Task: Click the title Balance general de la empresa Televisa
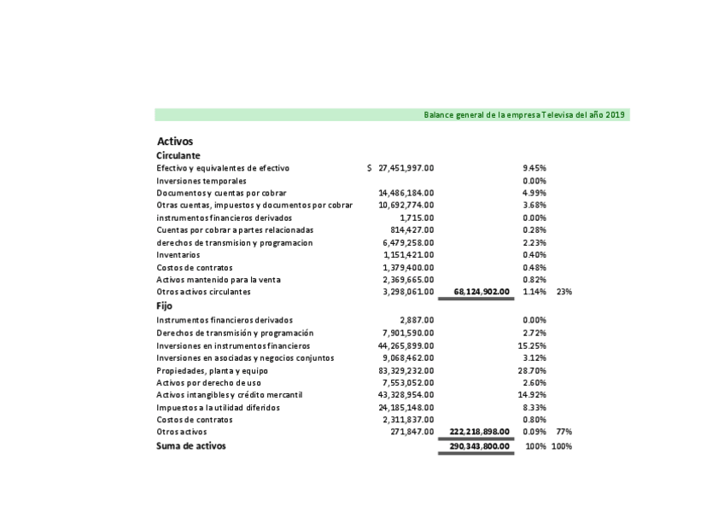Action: click(524, 115)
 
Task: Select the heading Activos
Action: click(175, 141)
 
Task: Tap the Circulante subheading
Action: click(178, 156)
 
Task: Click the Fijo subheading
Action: click(164, 305)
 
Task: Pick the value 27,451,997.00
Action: click(406, 169)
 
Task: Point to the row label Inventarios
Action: click(178, 255)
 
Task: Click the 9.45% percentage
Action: click(534, 169)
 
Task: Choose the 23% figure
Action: click(564, 292)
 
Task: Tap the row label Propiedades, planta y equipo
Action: click(212, 371)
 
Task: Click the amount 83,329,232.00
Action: click(406, 371)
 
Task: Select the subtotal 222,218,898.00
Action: click(479, 433)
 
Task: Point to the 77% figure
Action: click(564, 433)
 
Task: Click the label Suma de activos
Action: click(191, 446)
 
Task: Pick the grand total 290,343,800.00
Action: click(479, 446)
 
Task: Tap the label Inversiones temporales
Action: click(201, 181)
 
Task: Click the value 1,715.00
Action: click(416, 218)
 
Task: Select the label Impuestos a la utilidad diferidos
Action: click(218, 408)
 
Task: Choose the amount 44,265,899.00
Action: click(406, 346)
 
